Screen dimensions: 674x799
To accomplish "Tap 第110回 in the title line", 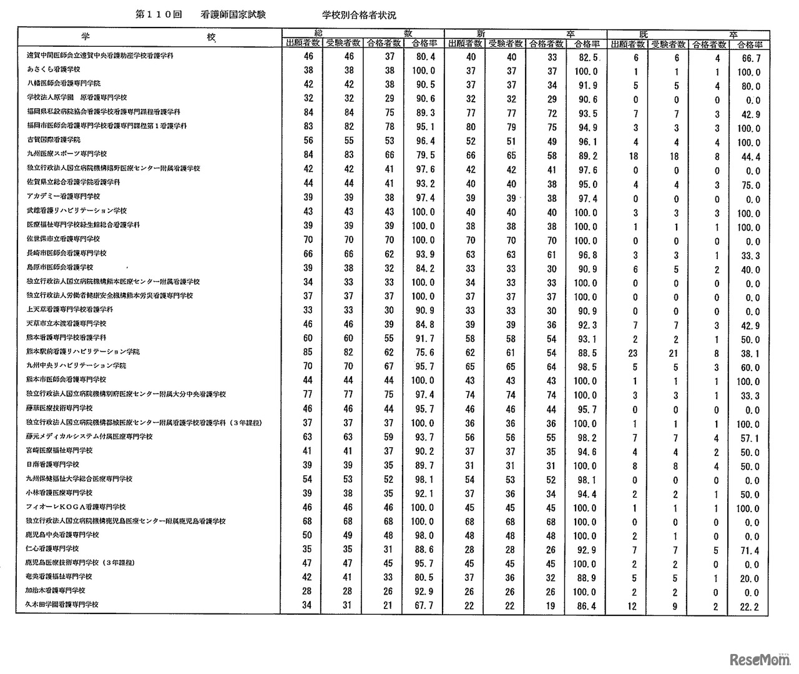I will (158, 14).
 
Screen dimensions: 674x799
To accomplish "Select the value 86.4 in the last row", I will (585, 606).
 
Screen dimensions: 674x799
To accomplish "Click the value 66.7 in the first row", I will (749, 58).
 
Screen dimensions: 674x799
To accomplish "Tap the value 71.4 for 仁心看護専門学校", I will (749, 550).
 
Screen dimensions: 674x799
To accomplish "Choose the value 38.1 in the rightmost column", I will (749, 354).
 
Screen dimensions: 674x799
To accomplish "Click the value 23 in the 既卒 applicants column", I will (634, 352).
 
